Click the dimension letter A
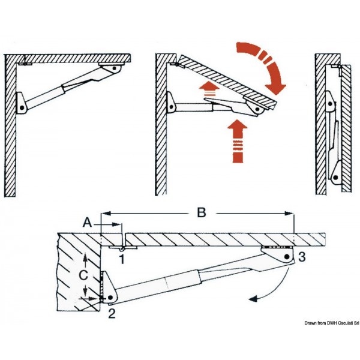(88, 222)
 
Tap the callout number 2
(112, 312)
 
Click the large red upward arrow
(238, 140)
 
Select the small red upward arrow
(210, 93)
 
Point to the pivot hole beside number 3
(286, 257)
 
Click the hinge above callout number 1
(122, 247)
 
